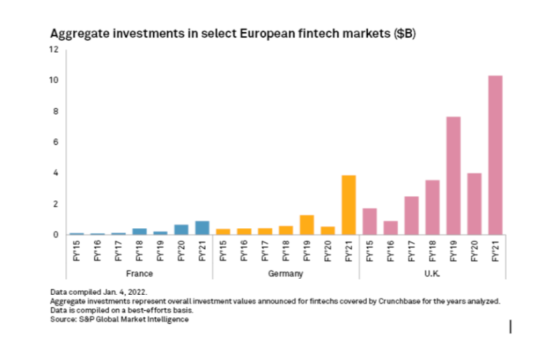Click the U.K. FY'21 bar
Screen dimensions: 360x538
495,155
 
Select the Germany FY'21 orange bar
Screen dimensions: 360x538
348,205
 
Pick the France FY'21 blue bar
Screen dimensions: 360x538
202,228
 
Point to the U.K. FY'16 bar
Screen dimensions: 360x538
391,228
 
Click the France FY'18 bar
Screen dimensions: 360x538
139,232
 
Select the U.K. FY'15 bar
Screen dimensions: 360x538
370,222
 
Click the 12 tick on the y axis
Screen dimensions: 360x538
55,50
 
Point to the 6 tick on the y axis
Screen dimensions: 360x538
57,142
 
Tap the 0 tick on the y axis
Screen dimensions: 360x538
57,234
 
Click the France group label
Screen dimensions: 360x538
138,273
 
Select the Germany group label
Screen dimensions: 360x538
286,273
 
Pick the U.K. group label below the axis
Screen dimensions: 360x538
431,273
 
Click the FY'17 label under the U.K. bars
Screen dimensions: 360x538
411,253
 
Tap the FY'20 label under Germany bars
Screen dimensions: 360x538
328,253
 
